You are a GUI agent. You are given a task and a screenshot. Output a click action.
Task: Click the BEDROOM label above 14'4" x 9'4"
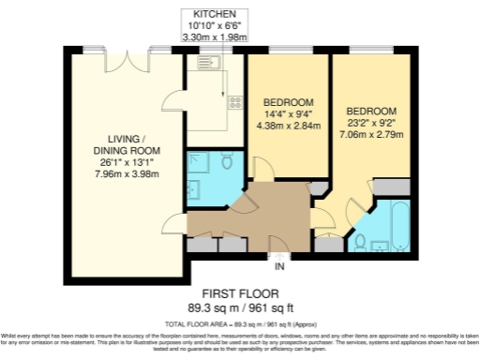(x=286, y=102)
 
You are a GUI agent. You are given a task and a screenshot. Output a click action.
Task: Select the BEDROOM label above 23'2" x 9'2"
(x=371, y=110)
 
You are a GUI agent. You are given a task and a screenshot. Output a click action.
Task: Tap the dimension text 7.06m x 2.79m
(x=371, y=134)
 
